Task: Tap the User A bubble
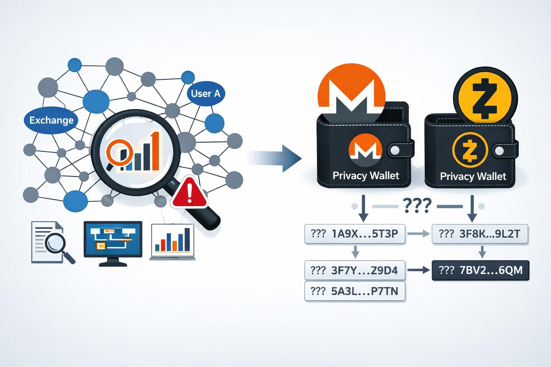tap(206, 94)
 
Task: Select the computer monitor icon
tap(113, 243)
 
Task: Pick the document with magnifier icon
tap(52, 242)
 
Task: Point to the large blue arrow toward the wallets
tap(276, 158)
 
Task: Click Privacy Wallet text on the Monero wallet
tap(366, 176)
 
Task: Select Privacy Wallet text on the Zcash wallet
tap(473, 176)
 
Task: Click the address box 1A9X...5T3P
tap(354, 234)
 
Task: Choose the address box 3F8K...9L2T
tap(480, 234)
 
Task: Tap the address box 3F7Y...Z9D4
tap(354, 270)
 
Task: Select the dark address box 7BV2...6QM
tap(481, 270)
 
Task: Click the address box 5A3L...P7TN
tap(354, 291)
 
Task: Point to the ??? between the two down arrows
tap(417, 206)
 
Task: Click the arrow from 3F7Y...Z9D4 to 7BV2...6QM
tap(419, 270)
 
